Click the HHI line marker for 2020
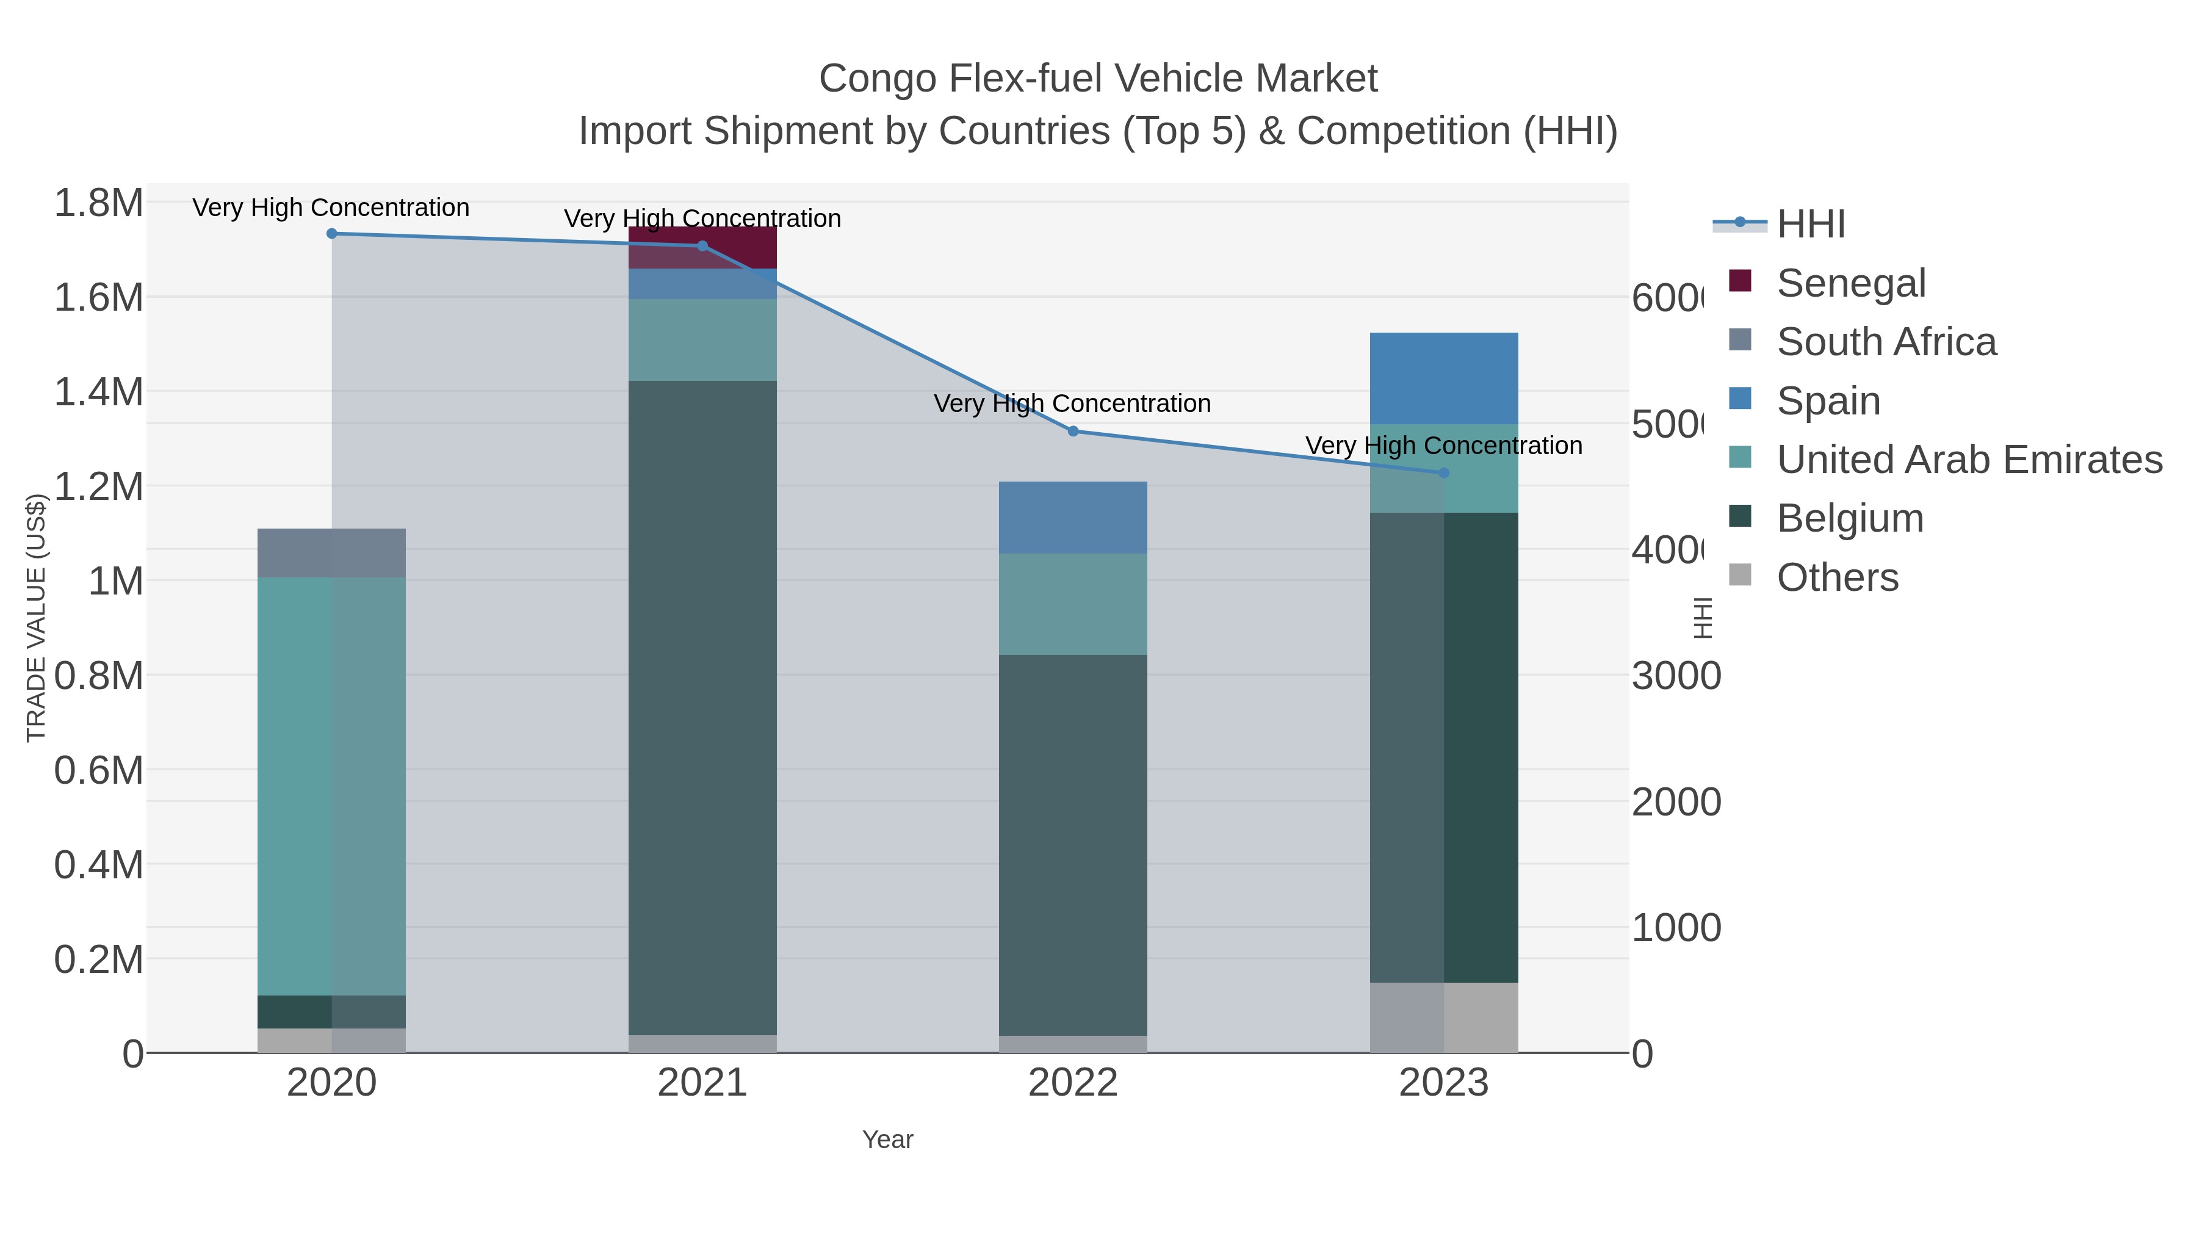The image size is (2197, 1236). tap(332, 234)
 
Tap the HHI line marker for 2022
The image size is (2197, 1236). tap(1073, 432)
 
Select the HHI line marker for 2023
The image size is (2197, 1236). tap(1444, 472)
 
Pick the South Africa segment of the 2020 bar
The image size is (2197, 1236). tap(332, 553)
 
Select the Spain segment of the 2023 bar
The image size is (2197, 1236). tap(1444, 378)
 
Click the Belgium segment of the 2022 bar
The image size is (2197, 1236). tap(1073, 845)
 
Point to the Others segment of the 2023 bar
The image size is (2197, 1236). tap(1444, 1017)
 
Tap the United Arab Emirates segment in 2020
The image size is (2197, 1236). tap(332, 785)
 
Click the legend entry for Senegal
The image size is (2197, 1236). tap(1851, 283)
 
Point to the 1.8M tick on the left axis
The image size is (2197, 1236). tap(98, 204)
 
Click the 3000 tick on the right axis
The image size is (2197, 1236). tap(1676, 676)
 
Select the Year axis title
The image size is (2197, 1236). tap(887, 1140)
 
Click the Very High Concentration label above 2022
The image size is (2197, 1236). tap(1072, 403)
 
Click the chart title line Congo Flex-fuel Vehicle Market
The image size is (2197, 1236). tap(1098, 79)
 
